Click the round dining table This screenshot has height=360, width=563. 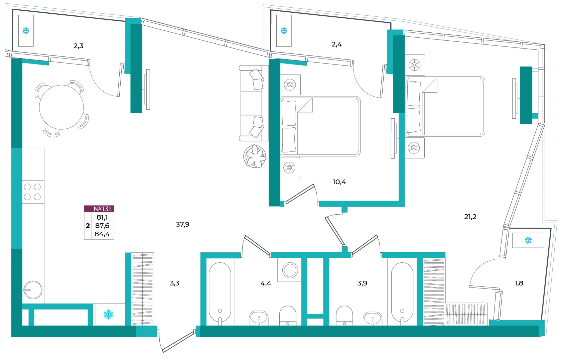click(61, 107)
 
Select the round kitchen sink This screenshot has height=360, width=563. click(33, 290)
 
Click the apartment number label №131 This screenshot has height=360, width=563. click(102, 209)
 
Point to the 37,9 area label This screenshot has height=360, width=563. click(182, 224)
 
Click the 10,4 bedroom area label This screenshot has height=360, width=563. click(339, 182)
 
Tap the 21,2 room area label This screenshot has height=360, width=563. click(470, 217)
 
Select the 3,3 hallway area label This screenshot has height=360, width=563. click(174, 283)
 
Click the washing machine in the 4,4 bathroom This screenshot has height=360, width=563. click(290, 270)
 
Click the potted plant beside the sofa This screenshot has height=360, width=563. click(255, 156)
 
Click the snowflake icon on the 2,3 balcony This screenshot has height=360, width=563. click(26, 31)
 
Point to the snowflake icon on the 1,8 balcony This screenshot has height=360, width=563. click(528, 240)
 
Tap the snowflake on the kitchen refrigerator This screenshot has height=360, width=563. click(109, 315)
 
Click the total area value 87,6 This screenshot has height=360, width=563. click(102, 226)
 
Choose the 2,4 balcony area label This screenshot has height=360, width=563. click(336, 44)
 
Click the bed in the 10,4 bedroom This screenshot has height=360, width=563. click(320, 126)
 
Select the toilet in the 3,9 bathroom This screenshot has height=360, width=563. click(344, 316)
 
